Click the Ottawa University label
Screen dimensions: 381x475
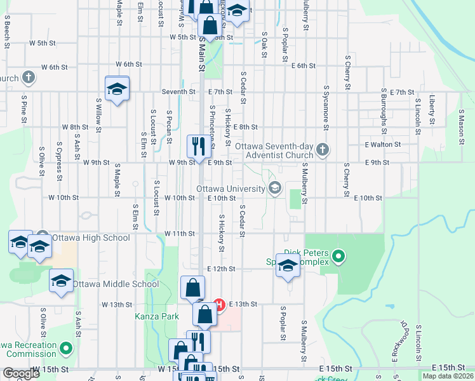[231, 189]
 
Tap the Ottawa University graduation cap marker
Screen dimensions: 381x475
[276, 188]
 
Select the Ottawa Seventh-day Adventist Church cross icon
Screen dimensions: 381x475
[323, 150]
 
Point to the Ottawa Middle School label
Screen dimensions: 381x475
[116, 284]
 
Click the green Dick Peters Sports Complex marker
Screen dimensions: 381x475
[339, 257]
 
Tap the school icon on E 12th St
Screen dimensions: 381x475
[287, 267]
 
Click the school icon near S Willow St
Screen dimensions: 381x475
[117, 90]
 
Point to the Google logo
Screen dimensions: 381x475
[21, 373]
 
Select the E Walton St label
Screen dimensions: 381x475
[383, 144]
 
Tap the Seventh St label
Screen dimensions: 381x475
[178, 92]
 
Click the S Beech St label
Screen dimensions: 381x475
[7, 34]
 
